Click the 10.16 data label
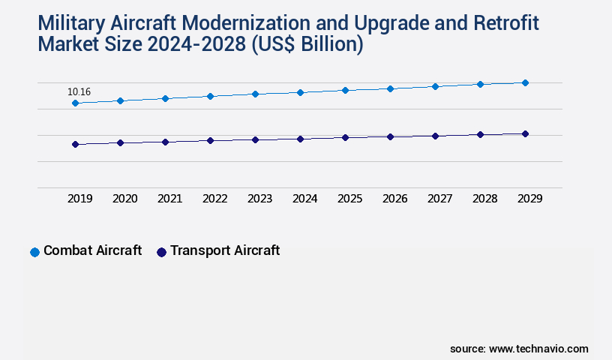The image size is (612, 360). point(79,92)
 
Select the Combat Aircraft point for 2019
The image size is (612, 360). point(75,103)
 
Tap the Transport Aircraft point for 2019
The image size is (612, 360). point(75,144)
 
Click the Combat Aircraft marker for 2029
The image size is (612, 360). point(525,82)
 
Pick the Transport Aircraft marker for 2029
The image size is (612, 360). point(525,133)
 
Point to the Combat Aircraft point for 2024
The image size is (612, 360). point(300,92)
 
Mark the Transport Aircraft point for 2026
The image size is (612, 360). point(390,136)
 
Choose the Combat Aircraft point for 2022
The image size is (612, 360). point(210,96)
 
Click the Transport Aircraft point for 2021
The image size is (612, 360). point(165,142)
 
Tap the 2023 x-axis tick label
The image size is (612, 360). point(259,199)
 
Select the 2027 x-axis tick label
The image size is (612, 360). point(439,199)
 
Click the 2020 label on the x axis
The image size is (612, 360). point(124,199)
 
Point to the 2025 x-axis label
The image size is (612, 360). point(349,199)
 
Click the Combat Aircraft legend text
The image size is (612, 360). point(92,250)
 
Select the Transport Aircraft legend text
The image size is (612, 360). point(225,250)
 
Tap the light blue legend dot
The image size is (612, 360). point(34,252)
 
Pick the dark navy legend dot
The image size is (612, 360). point(161,252)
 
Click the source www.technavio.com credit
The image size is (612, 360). point(519,349)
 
